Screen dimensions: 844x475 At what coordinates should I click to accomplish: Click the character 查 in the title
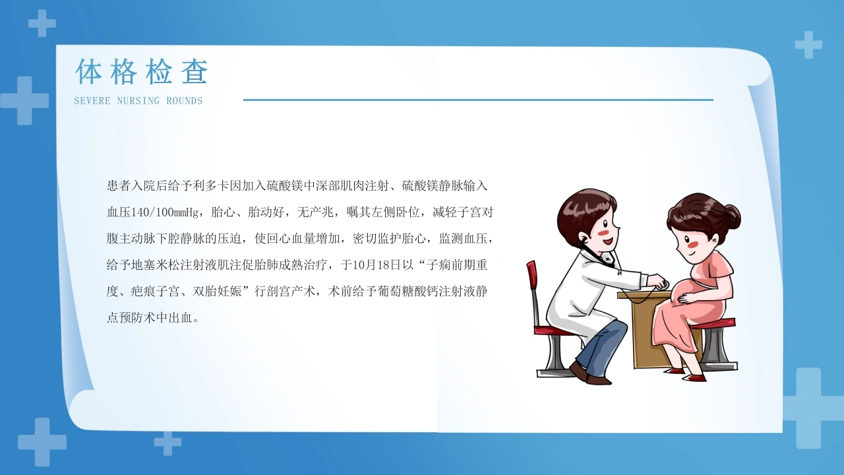click(195, 71)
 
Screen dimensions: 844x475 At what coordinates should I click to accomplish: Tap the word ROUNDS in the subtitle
click(185, 101)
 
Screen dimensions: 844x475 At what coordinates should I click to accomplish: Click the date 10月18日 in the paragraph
click(377, 265)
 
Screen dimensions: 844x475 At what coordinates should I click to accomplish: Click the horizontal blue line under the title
click(478, 100)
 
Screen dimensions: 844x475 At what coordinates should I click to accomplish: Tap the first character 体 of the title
click(89, 71)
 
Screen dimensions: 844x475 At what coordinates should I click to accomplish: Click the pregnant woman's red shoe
click(694, 377)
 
